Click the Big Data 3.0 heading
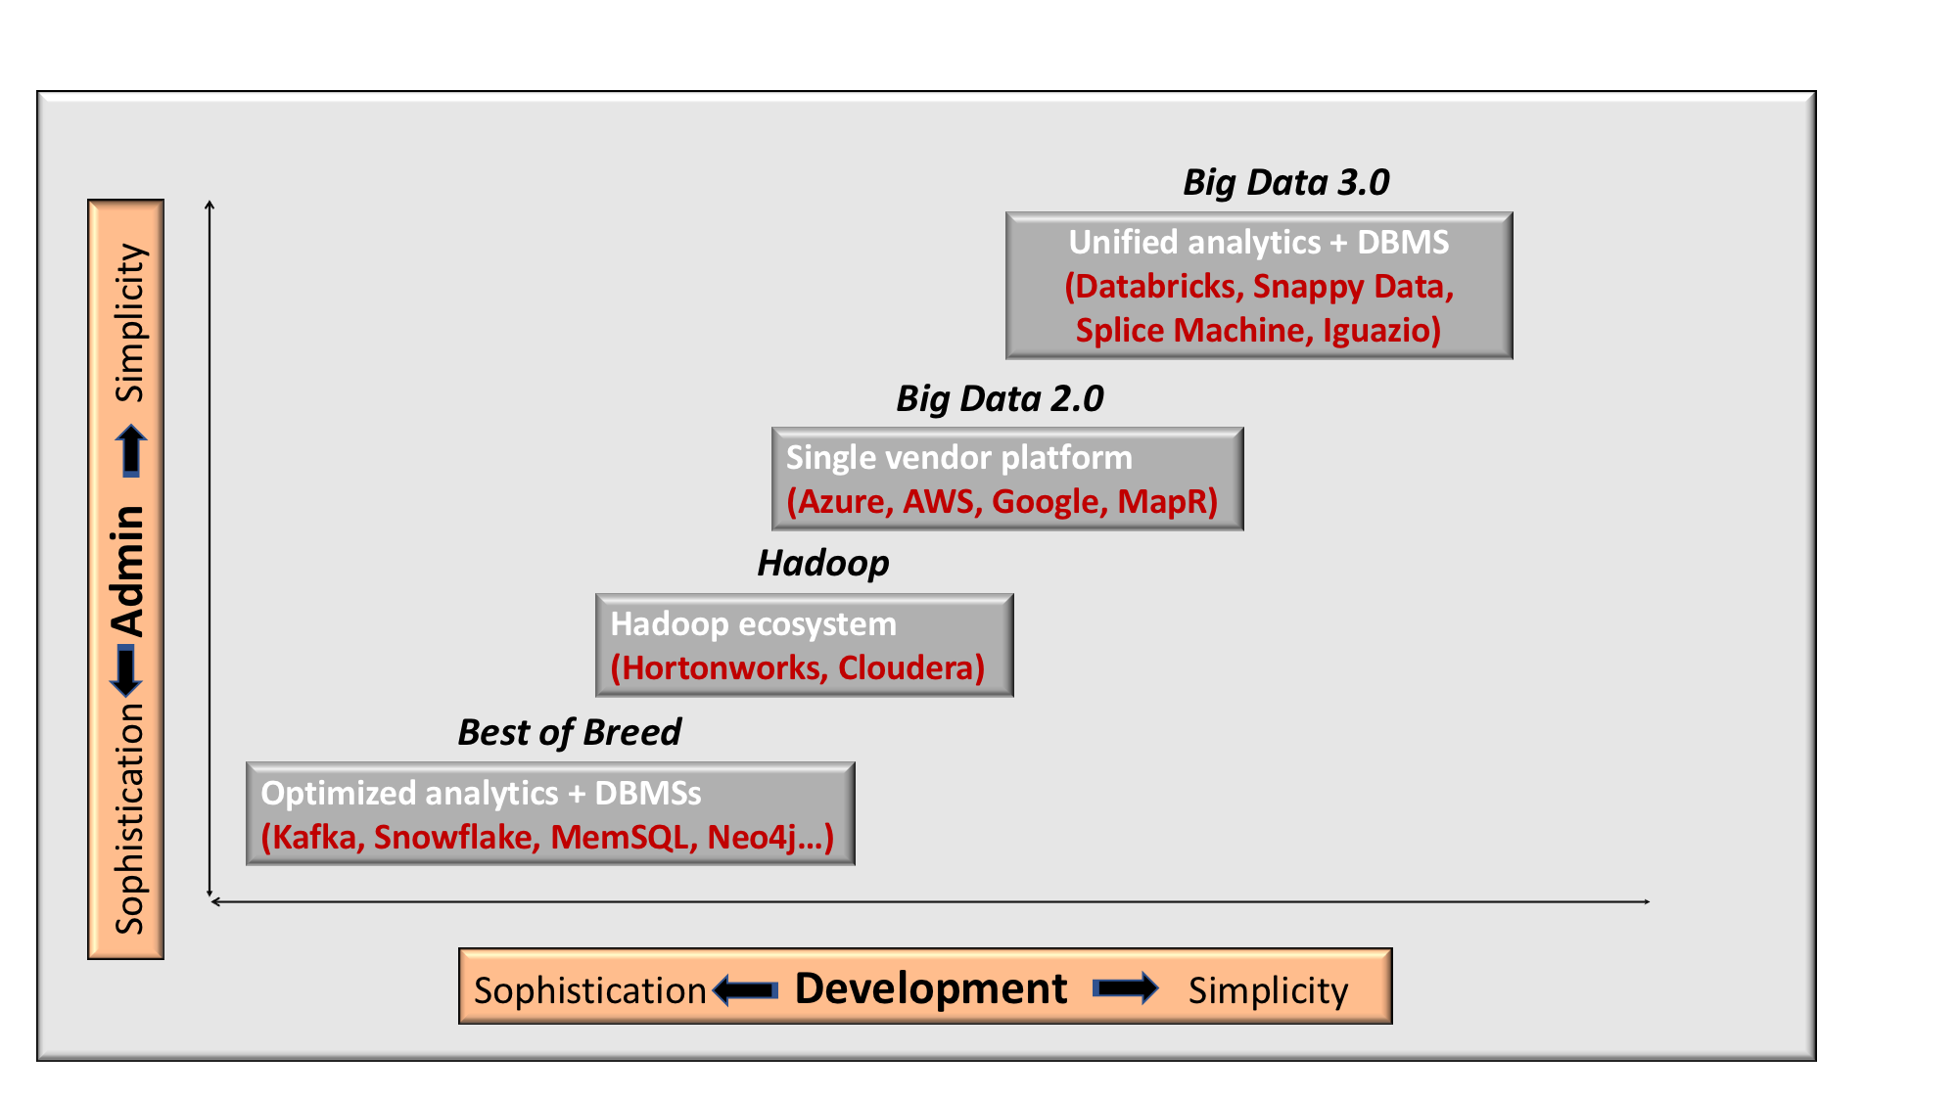point(1285,182)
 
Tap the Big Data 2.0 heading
point(1000,398)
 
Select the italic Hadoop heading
point(823,564)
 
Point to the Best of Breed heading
point(569,732)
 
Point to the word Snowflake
point(454,838)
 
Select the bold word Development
point(931,988)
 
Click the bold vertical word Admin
point(128,572)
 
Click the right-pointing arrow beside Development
point(1126,987)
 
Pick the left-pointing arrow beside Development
point(746,990)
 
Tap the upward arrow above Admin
point(131,451)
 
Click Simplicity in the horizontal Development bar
point(1269,991)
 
